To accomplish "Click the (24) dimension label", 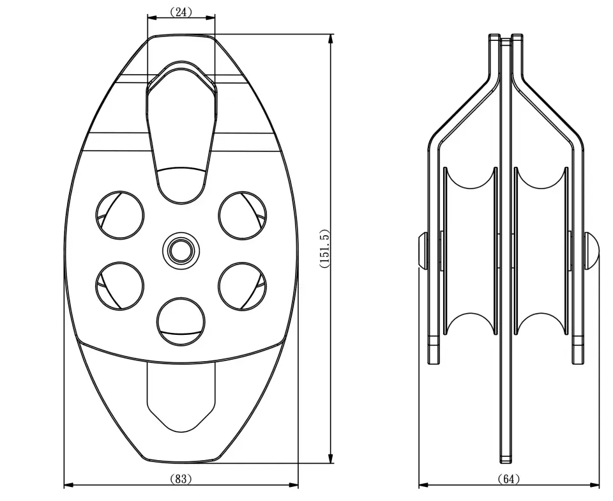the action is [181, 12].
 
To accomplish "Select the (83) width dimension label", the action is [181, 479].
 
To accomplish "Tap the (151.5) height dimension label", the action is [325, 249].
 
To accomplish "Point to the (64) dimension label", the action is [509, 479].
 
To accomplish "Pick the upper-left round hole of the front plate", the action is [120, 215].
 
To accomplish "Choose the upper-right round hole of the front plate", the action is [243, 215].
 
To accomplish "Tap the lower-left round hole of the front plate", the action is [120, 286].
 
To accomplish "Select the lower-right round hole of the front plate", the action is [243, 286].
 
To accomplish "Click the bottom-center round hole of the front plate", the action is [181, 321].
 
